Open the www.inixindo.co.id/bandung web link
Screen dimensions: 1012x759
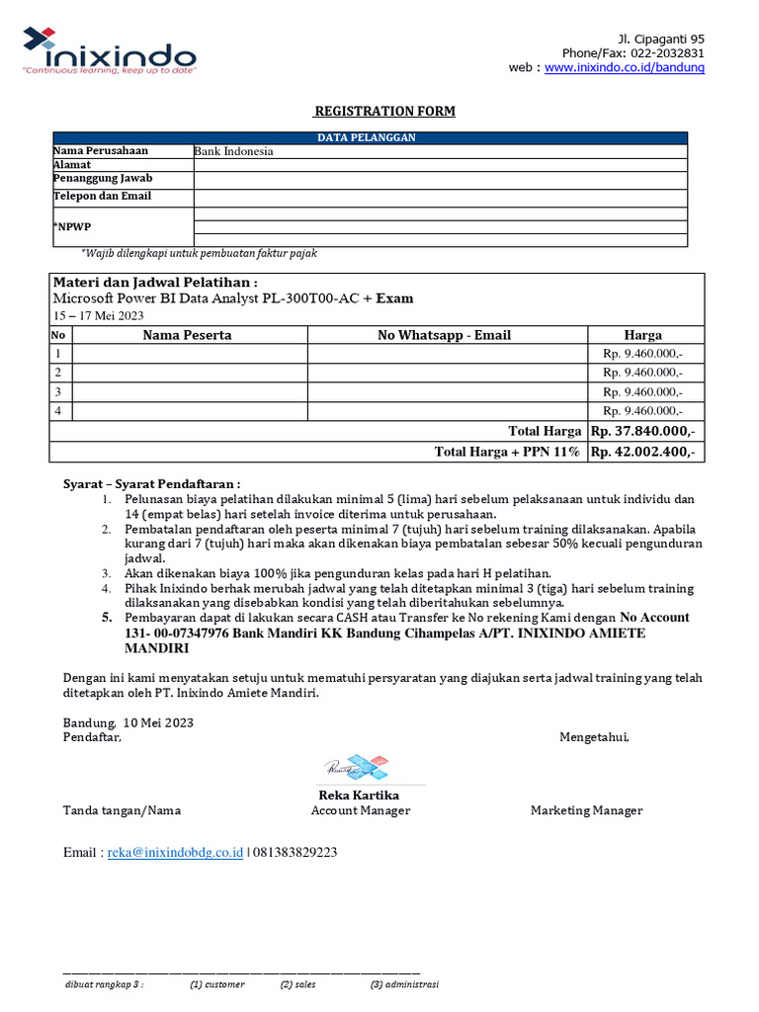coord(625,67)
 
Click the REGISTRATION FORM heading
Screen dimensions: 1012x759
coord(384,111)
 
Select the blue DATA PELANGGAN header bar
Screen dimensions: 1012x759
coord(366,137)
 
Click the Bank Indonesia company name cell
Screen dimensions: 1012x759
coord(234,151)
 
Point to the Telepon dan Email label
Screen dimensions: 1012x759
coord(102,197)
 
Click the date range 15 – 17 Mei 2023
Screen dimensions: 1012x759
coord(98,315)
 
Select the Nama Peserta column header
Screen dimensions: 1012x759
coord(188,335)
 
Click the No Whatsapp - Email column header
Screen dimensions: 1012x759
coord(444,335)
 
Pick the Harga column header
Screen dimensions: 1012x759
coord(642,335)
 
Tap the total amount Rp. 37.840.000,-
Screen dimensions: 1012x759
coord(642,431)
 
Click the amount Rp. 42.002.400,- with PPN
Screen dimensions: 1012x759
coord(642,452)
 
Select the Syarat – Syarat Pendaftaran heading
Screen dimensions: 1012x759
coord(151,484)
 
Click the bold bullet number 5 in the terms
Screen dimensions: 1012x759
coord(108,617)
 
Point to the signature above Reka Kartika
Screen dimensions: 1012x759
coord(355,767)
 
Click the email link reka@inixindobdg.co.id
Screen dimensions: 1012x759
coord(175,852)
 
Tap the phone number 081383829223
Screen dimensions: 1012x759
coord(295,852)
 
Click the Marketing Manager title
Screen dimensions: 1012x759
coord(586,810)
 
